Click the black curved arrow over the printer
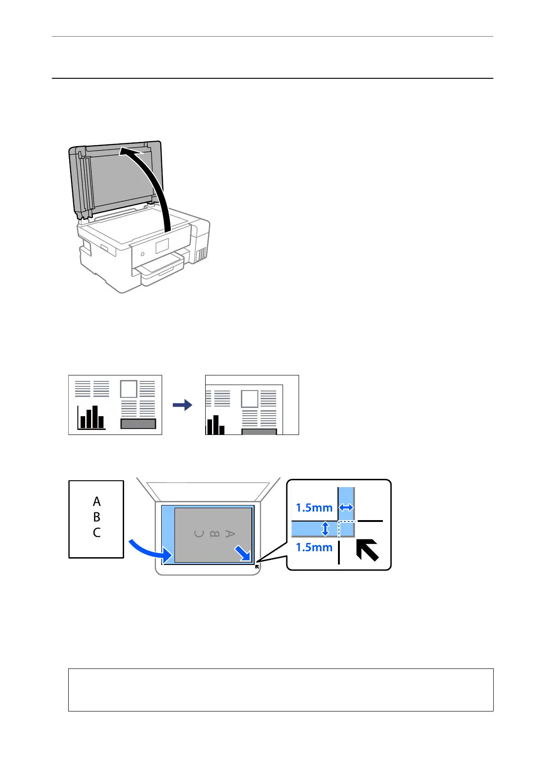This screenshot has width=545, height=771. [156, 183]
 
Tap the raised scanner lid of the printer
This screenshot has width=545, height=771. [114, 179]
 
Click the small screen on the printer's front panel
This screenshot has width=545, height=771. [162, 246]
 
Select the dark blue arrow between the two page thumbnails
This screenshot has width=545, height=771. [182, 405]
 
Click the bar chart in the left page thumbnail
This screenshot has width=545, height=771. [92, 418]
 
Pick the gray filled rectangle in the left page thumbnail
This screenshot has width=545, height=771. [138, 424]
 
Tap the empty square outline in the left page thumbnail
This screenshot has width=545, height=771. [129, 389]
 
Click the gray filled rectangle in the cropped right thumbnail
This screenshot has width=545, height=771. [259, 431]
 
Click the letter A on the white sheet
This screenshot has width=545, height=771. [97, 502]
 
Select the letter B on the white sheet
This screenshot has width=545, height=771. [97, 517]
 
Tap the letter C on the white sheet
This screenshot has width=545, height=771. [97, 532]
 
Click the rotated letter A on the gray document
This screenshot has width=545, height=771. [230, 534]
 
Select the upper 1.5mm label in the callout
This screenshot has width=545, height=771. [314, 508]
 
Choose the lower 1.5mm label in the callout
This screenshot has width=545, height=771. [314, 547]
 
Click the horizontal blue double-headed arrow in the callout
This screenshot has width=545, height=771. [346, 507]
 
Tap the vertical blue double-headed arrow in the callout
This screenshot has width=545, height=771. [325, 529]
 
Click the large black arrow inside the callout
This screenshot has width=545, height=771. [368, 550]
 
